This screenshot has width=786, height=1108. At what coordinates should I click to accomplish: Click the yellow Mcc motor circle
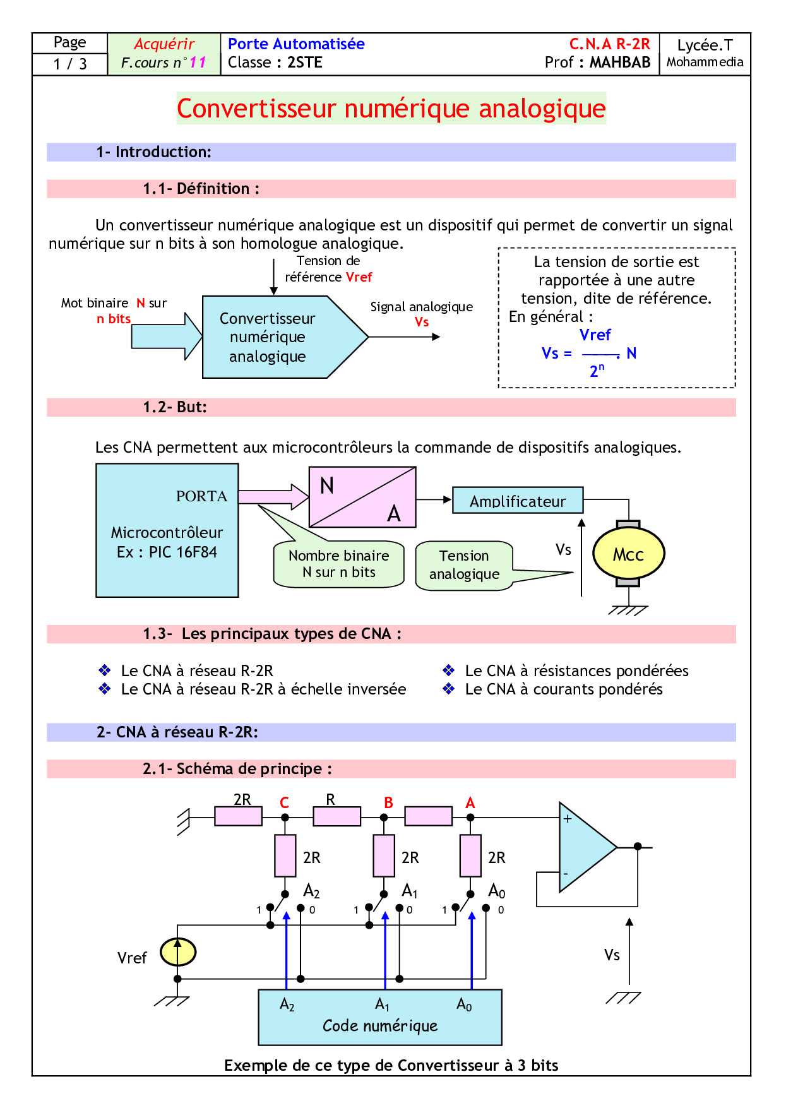(628, 554)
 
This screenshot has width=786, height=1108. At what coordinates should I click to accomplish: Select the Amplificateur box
(518, 501)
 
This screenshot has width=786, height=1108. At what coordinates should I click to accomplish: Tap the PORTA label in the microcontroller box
(201, 496)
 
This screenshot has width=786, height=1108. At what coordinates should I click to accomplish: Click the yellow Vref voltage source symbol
(177, 952)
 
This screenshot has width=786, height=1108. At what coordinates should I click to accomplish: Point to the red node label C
(284, 802)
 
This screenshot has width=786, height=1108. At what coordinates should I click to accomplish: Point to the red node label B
(388, 802)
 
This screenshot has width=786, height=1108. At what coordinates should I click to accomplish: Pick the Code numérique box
(379, 1017)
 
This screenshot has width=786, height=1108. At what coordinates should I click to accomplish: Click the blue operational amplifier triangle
(584, 847)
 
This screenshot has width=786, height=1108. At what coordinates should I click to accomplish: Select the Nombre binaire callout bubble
(338, 564)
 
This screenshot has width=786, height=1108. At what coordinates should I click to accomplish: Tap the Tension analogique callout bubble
(464, 565)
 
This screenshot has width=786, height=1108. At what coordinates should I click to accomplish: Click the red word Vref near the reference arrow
(359, 277)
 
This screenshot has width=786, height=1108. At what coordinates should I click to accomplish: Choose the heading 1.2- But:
(175, 407)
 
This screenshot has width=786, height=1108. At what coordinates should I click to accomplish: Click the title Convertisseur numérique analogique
(391, 109)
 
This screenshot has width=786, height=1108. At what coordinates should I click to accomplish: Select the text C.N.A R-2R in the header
(609, 44)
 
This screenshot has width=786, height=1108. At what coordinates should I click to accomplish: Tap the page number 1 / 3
(70, 64)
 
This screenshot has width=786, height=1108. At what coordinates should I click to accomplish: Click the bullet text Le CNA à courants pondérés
(563, 689)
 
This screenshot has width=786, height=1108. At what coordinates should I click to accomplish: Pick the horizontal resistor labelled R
(336, 816)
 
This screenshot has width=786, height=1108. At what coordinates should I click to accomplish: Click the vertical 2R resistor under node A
(470, 855)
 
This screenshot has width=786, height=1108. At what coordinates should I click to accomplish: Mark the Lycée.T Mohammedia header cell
(705, 54)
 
